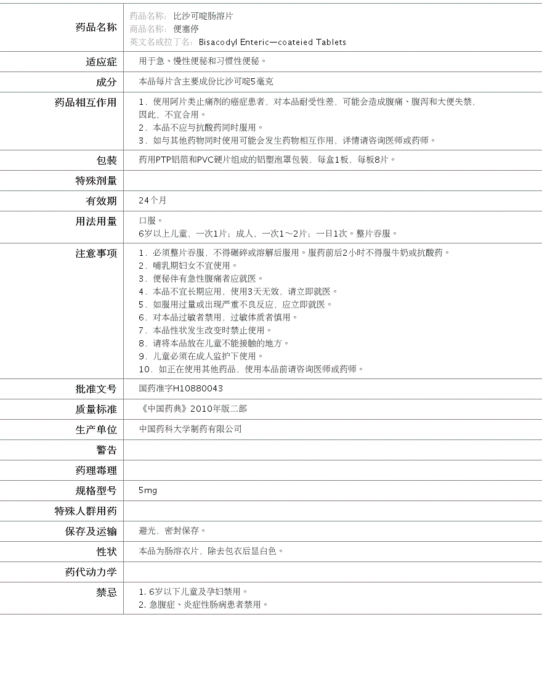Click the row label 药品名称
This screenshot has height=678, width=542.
95,27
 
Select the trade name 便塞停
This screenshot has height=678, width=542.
186,29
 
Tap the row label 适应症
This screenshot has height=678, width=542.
101,62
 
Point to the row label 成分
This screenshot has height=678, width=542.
106,82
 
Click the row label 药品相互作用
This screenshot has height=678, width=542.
86,102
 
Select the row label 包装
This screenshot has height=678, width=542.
106,160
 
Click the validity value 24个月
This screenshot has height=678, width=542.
153,201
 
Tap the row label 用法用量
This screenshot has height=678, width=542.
95,221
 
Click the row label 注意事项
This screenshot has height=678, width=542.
95,253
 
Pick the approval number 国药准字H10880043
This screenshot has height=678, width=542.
181,389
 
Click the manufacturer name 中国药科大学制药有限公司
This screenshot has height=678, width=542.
190,429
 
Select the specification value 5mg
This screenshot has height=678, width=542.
148,491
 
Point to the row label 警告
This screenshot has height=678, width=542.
106,450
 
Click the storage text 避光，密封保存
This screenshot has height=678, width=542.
172,531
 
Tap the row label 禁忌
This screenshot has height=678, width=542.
106,592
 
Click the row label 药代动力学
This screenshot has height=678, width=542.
91,572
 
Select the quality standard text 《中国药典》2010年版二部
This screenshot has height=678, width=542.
193,409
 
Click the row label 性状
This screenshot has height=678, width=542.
106,552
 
